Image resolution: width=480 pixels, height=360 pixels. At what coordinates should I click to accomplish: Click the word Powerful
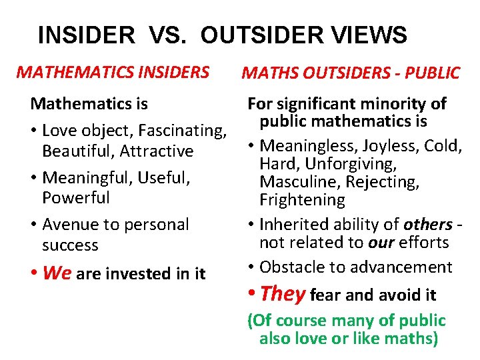point(76,198)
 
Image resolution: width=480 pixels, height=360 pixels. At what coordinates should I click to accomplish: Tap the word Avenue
point(68,225)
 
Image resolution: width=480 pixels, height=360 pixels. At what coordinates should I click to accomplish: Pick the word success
point(70,245)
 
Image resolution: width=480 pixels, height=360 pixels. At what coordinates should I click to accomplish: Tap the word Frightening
point(303,199)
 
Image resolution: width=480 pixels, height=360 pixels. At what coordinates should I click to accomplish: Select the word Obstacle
point(291,267)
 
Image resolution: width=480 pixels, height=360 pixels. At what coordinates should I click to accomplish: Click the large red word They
point(283,293)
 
